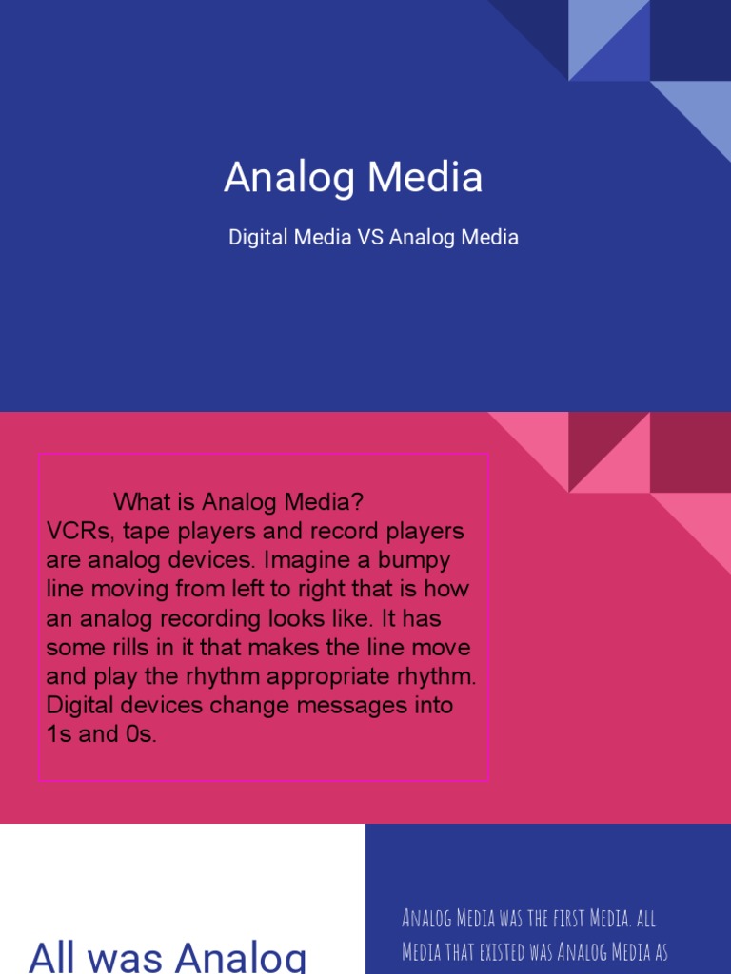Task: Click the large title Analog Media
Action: [x=353, y=178]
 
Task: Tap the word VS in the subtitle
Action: [x=370, y=237]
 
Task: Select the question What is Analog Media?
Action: [x=239, y=501]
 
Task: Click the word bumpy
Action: [x=416, y=559]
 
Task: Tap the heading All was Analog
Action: [x=168, y=954]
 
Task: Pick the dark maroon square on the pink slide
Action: [x=690, y=452]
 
